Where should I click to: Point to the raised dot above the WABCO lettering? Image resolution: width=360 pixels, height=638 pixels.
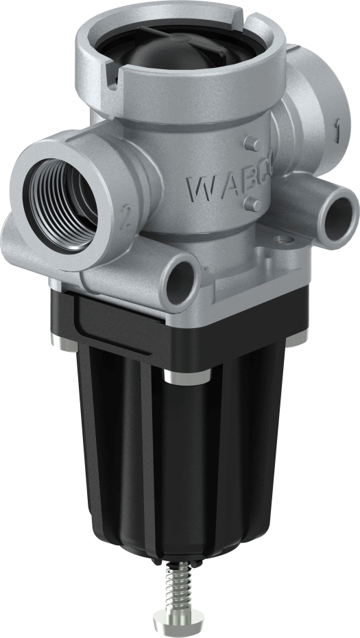(251, 143)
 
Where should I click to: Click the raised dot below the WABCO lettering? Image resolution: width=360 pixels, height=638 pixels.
(251, 204)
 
